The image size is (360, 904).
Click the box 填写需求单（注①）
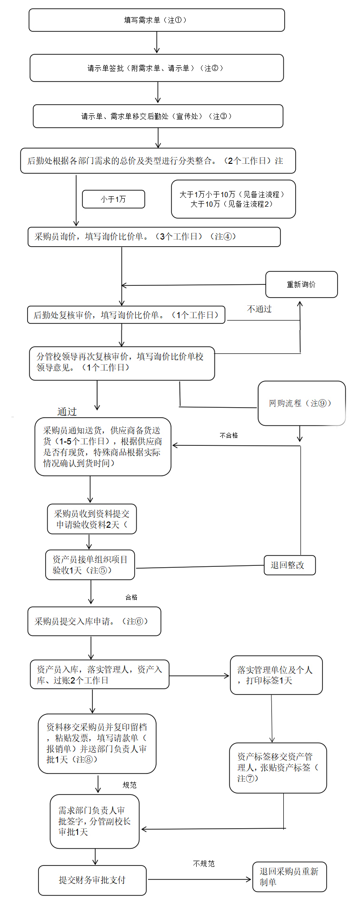[x=157, y=20]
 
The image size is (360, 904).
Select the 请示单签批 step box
[x=157, y=68]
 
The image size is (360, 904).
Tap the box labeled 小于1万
[x=113, y=199]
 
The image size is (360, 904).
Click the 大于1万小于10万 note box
[x=233, y=199]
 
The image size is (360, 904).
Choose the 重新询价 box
[x=301, y=284]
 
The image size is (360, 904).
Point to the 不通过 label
[x=259, y=309]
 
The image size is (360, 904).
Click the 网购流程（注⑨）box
[x=301, y=403]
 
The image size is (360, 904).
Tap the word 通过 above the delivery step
[x=67, y=412]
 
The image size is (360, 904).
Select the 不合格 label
[x=229, y=435]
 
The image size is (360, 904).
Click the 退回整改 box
[x=290, y=565]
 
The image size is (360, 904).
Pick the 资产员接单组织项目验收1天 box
[x=90, y=565]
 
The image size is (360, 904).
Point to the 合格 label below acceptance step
[x=131, y=597]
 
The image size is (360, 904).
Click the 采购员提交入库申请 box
[x=94, y=622]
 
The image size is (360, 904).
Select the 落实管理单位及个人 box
[x=276, y=675]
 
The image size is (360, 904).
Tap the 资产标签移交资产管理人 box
[x=278, y=768]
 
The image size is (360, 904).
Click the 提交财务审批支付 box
[x=92, y=880]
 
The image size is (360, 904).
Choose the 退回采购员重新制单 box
[x=290, y=876]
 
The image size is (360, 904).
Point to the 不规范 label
[x=204, y=864]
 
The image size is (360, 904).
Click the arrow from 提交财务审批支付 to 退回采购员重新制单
[x=200, y=879]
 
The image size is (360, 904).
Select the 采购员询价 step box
[x=154, y=237]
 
